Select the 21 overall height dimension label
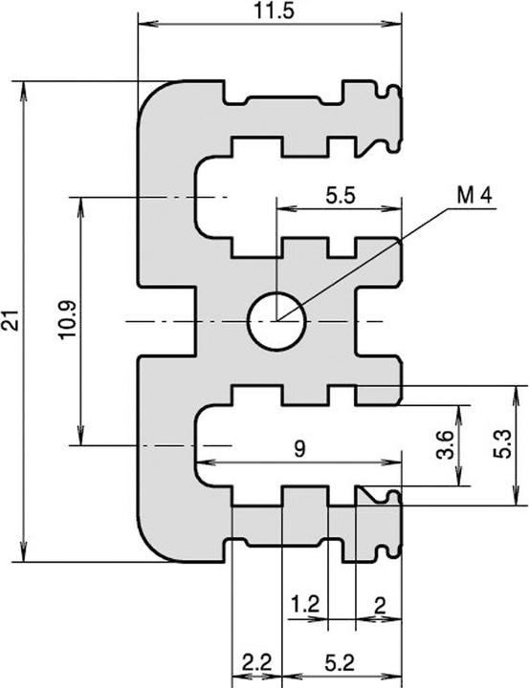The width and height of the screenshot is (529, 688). click(x=11, y=322)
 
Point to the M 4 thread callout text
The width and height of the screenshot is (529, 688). click(x=474, y=196)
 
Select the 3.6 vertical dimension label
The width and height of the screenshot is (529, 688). click(x=445, y=445)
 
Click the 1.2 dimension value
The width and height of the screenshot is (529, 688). click(x=304, y=604)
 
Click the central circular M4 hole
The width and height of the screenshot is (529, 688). click(x=276, y=321)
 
